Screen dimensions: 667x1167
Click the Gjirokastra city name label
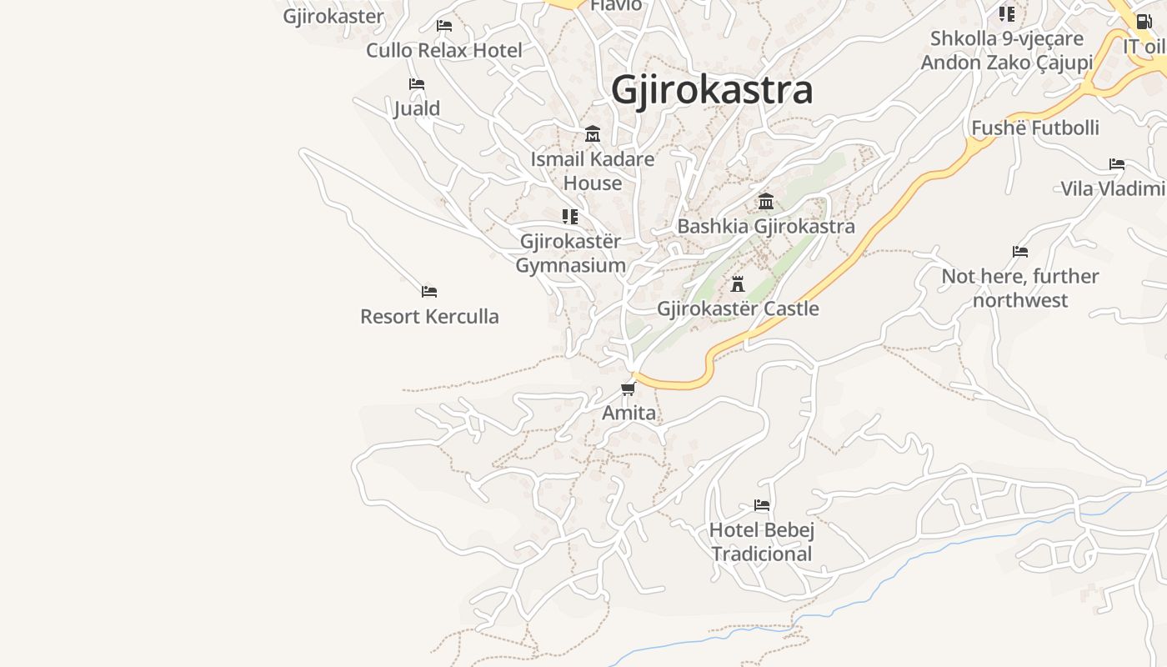(x=712, y=90)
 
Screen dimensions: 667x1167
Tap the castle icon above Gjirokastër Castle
(x=738, y=284)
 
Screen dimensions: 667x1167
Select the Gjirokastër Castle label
(x=738, y=308)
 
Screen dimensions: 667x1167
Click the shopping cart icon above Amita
(x=629, y=389)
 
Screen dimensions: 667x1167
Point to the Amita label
(x=629, y=413)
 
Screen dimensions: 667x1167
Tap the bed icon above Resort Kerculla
(x=429, y=292)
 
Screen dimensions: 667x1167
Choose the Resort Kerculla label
(x=429, y=317)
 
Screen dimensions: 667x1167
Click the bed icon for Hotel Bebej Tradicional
(x=762, y=505)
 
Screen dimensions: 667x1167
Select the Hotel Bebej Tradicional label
(x=762, y=542)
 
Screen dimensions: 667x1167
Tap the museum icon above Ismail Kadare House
(x=593, y=134)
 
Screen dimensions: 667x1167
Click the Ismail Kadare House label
(x=593, y=171)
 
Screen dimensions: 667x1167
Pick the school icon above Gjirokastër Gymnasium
(x=570, y=217)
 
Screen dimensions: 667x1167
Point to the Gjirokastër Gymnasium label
(x=570, y=253)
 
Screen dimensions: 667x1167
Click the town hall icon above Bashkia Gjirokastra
(x=766, y=202)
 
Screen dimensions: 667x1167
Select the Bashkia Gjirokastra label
(x=766, y=226)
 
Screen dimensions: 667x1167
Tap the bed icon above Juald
(x=417, y=84)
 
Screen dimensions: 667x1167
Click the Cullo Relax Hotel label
(x=444, y=50)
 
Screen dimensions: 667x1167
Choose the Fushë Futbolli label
(x=1035, y=128)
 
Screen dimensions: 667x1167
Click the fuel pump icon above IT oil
(x=1144, y=22)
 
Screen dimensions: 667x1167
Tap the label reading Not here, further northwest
(x=1020, y=288)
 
